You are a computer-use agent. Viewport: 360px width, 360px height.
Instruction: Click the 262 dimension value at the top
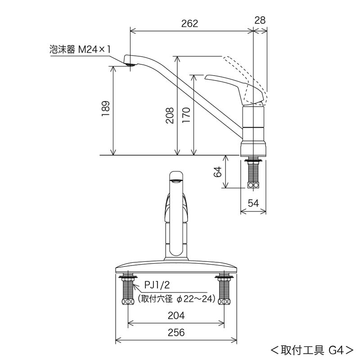tap(189, 23)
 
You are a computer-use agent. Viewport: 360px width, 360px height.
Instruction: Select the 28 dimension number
tap(260, 20)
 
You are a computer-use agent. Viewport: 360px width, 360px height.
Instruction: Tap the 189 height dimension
tap(105, 109)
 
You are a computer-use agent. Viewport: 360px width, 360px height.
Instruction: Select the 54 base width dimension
tap(253, 203)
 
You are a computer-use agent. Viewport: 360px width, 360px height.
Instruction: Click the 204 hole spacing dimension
tap(176, 316)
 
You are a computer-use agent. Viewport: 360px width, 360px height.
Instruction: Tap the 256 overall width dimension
tap(176, 333)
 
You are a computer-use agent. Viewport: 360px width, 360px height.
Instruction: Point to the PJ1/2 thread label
tap(157, 285)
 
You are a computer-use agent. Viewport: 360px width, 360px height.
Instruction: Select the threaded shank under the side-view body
tap(254, 173)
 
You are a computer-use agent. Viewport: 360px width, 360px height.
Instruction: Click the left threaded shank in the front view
tap(128, 290)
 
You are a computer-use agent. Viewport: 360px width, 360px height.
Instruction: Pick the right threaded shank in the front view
tap(224, 290)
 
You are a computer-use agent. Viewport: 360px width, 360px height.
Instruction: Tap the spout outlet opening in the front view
tap(176, 181)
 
